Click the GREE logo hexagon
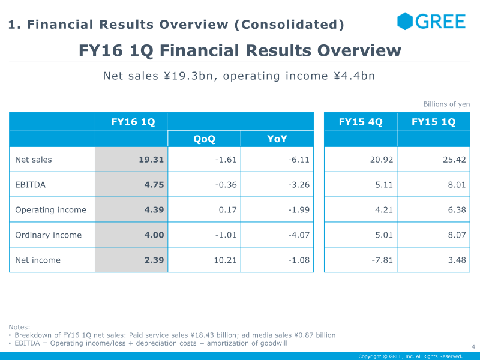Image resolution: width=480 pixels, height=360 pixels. pos(404,22)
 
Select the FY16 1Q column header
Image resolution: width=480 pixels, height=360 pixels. pos(133,122)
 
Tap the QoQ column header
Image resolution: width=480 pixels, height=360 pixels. pos(204,139)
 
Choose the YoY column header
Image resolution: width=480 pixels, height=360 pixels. pos(277,139)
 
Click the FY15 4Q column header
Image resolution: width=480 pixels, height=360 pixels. pos(361,122)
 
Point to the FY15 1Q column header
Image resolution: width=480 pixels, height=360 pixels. pos(433,122)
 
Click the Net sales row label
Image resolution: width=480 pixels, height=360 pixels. pos(34,160)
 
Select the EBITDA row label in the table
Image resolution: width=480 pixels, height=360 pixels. pos(31,185)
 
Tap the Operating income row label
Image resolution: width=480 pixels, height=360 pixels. pos(51,210)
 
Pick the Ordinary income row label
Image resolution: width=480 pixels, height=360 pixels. pos(49,235)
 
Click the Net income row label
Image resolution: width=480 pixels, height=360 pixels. pos(38,260)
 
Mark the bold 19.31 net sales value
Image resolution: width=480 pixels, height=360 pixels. pos(151,160)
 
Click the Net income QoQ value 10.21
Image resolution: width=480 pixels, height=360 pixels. pos(225,260)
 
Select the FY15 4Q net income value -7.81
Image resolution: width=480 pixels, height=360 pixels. pos(382,260)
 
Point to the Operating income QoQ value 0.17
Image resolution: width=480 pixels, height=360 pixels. pos(228,210)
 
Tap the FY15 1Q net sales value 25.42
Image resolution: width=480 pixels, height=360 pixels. pos(454,160)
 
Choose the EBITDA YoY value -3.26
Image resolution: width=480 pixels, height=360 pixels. pos(299,185)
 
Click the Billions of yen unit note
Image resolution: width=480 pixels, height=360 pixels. pos(446,104)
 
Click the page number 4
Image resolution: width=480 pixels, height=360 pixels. pos(473,347)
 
